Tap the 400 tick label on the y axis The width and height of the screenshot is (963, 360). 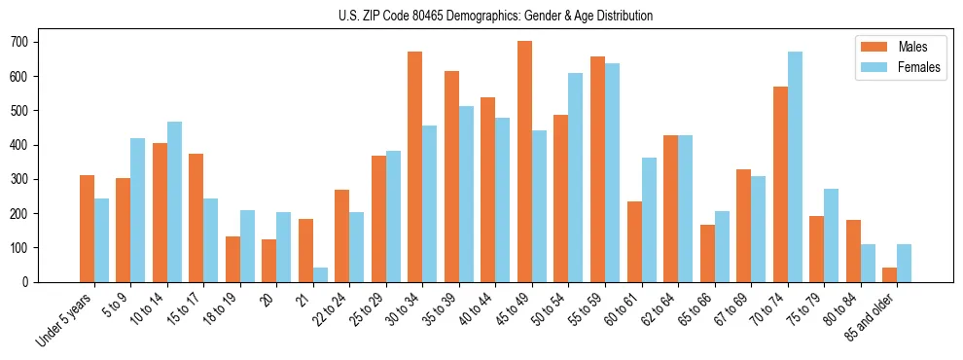[x=24, y=145]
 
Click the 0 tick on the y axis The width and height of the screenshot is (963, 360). [x=29, y=282]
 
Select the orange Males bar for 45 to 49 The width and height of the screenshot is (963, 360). [x=524, y=162]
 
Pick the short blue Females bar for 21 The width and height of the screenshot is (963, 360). [x=320, y=274]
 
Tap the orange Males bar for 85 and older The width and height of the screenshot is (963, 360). [x=889, y=274]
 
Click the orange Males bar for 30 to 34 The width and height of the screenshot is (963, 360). [x=415, y=166]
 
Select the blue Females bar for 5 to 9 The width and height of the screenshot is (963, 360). [x=138, y=210]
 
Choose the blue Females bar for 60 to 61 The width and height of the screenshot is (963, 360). [x=649, y=220]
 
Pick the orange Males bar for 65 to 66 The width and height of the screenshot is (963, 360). [x=707, y=253]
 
